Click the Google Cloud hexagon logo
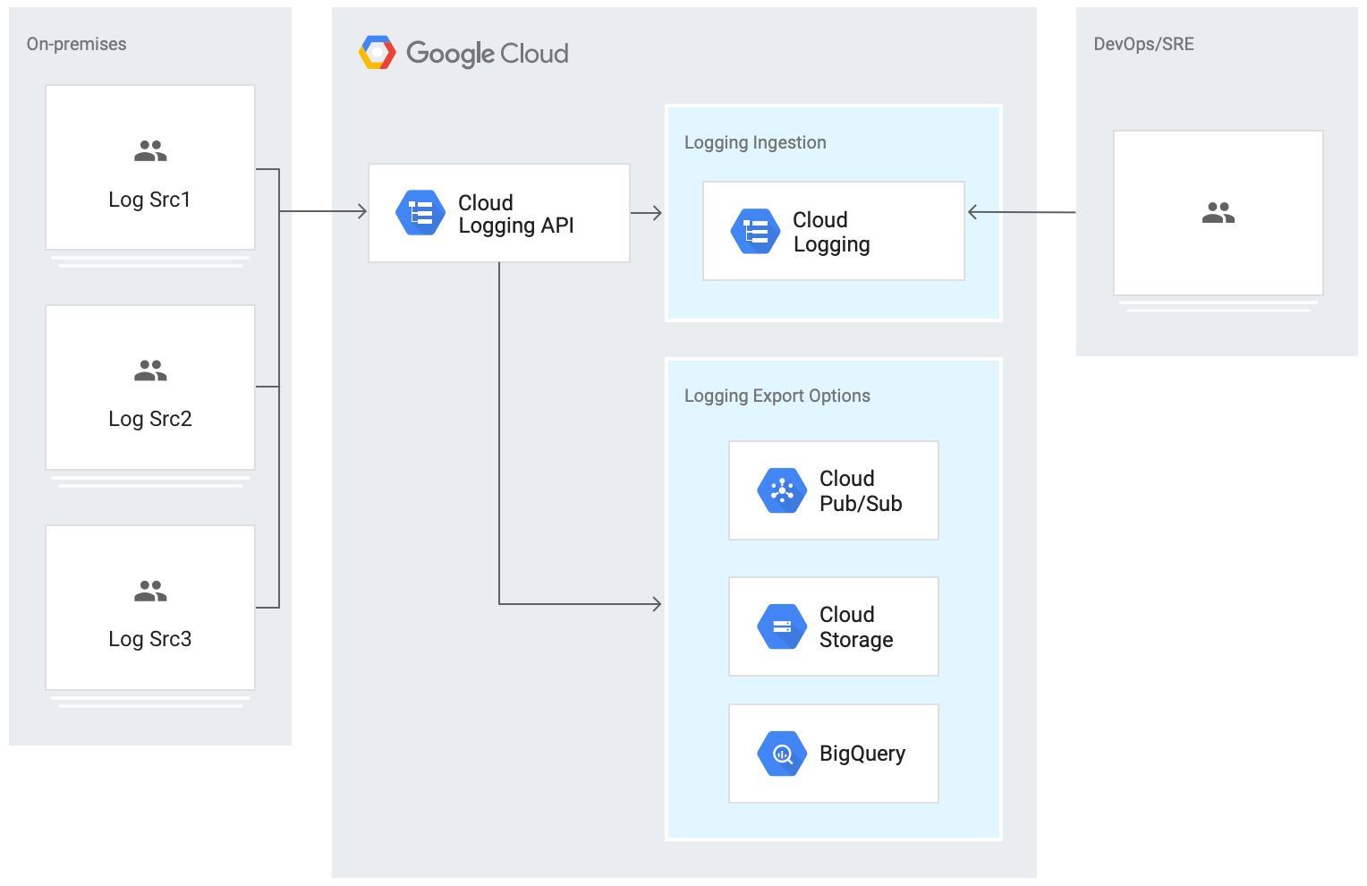tap(378, 53)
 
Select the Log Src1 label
tap(149, 200)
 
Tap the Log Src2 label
tap(149, 419)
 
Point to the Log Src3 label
tap(149, 639)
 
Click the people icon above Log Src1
tap(150, 151)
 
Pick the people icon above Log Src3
tap(150, 591)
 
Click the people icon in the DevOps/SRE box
tap(1218, 213)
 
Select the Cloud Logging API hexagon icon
tap(420, 213)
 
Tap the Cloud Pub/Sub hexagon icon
tap(782, 490)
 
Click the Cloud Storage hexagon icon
tap(782, 626)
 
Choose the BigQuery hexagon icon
tap(782, 754)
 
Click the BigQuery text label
tap(862, 754)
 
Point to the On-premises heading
tap(76, 44)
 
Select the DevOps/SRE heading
tap(1143, 44)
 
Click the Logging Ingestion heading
tap(755, 142)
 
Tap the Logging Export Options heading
tap(777, 396)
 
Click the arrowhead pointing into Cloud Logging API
tap(362, 211)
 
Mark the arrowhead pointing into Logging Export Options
tap(657, 604)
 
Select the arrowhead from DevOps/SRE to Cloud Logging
tap(973, 212)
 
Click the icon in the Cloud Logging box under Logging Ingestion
tap(755, 231)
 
